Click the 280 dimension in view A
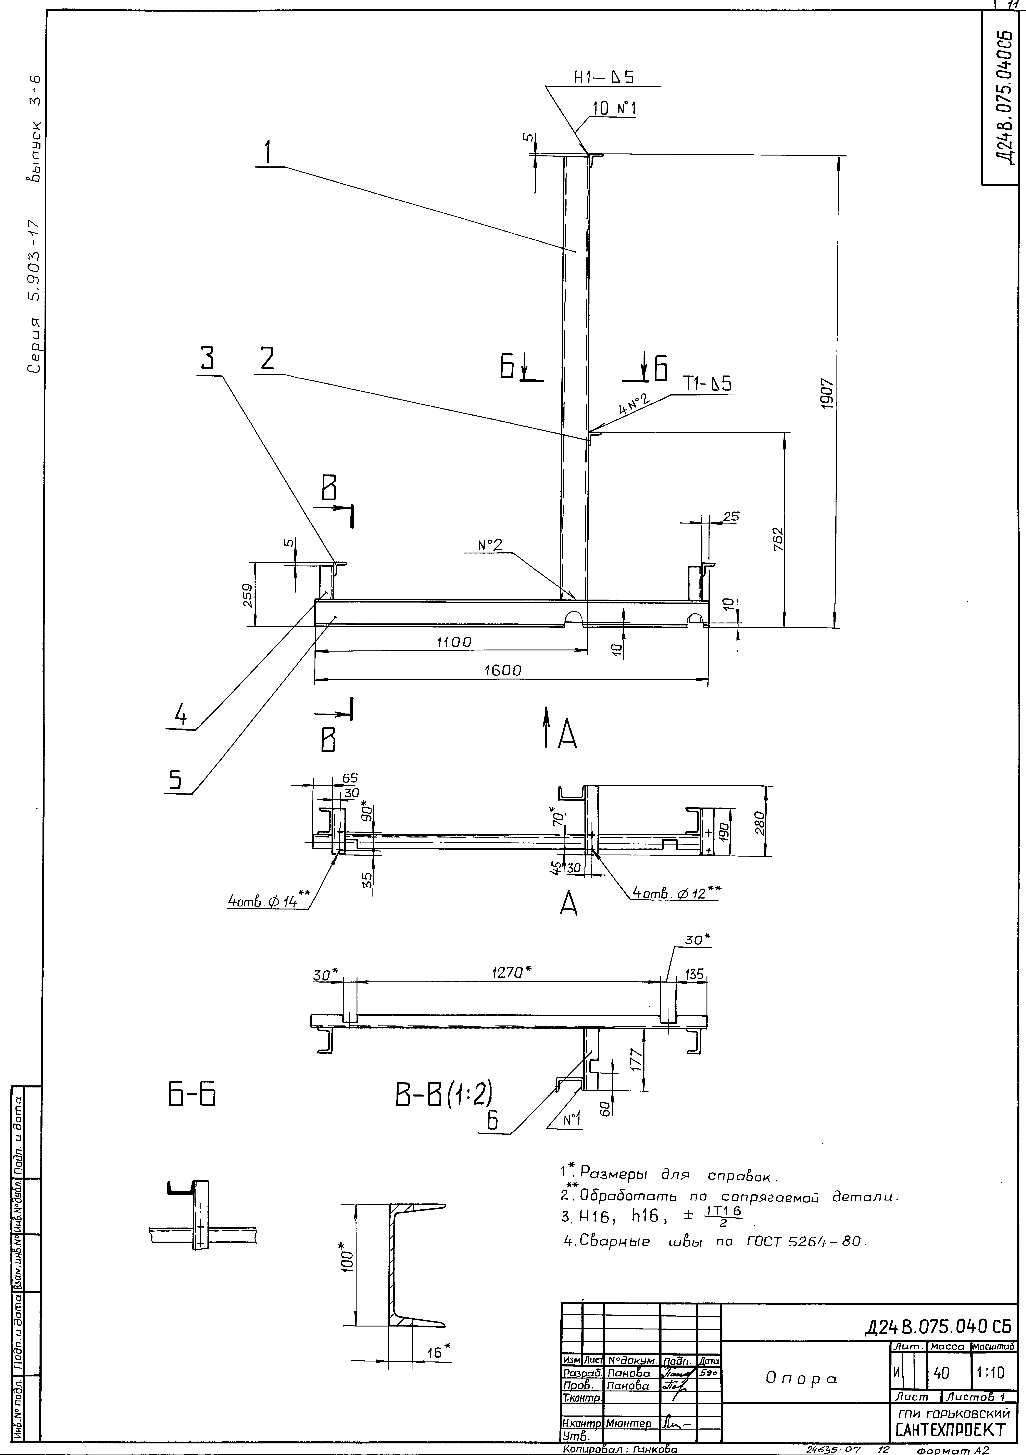pos(761,823)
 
